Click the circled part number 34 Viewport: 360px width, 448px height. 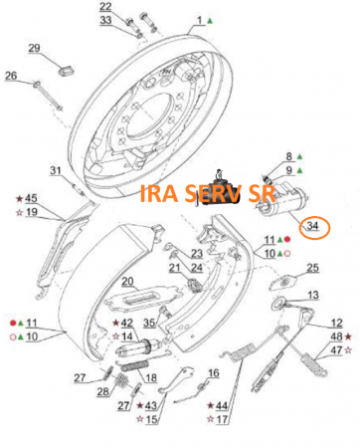[x=312, y=226]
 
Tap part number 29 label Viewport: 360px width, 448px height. [x=34, y=48]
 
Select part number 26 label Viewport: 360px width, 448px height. [x=11, y=76]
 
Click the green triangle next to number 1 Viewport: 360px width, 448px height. [x=210, y=21]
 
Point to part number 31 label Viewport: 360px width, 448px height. [x=56, y=170]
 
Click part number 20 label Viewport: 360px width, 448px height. [x=127, y=282]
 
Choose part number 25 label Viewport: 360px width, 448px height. [x=312, y=268]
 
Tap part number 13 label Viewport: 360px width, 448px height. [x=313, y=295]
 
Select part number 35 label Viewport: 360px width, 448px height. [x=149, y=323]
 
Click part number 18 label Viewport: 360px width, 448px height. [x=151, y=377]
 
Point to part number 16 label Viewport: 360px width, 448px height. [x=214, y=373]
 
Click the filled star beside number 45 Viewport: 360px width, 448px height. [x=20, y=199]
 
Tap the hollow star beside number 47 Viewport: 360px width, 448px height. [x=348, y=350]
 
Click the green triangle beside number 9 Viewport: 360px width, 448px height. [x=299, y=170]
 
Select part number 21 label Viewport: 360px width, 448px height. [x=175, y=268]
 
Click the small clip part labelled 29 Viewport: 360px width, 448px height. [x=67, y=70]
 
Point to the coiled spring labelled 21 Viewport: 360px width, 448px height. [x=195, y=286]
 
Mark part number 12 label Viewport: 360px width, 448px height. [x=336, y=323]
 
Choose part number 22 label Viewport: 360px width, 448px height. [x=105, y=7]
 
